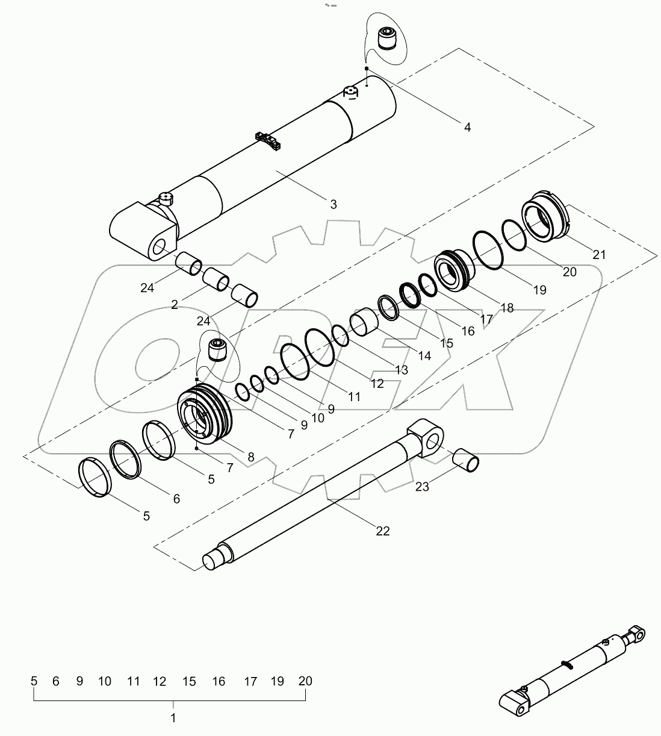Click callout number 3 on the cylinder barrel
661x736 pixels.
coord(334,204)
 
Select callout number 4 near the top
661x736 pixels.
coord(467,127)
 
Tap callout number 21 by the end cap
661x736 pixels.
coord(599,255)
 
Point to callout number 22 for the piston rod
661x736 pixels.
coord(383,531)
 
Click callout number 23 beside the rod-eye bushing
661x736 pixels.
coord(422,487)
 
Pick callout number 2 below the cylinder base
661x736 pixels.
coord(175,305)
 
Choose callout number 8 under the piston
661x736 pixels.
coord(251,457)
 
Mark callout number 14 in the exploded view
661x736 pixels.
coord(424,356)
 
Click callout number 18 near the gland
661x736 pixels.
coord(507,308)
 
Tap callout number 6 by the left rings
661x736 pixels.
coord(176,499)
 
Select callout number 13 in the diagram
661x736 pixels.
coord(401,370)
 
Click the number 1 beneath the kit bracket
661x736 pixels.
coord(173,718)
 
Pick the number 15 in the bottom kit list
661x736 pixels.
coord(190,681)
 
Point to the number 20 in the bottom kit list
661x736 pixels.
coord(305,681)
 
